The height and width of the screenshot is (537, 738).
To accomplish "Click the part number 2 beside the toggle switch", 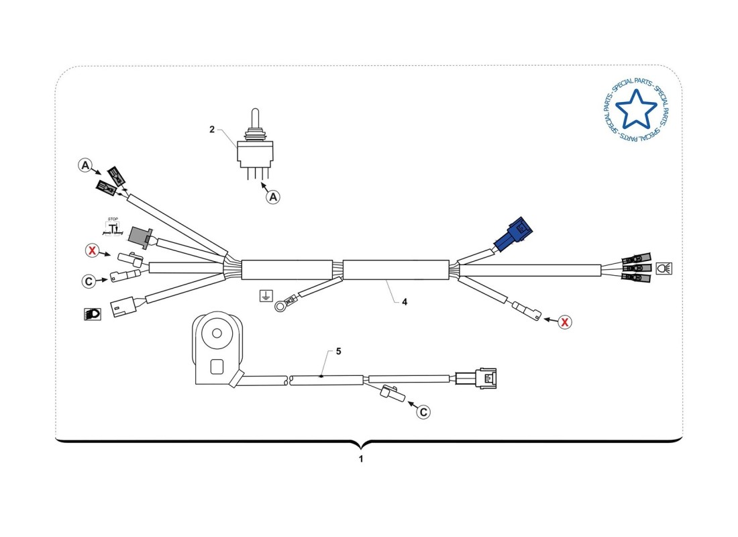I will point(211,130).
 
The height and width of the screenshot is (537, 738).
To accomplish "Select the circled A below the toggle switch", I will point(273,197).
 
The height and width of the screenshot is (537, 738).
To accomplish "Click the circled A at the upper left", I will point(85,164).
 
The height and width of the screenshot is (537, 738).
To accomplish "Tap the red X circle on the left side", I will point(92,251).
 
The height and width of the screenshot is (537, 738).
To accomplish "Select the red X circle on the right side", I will point(565,322).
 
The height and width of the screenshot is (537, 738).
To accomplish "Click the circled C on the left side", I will point(89,281).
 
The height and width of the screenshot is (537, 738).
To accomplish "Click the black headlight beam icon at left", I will point(92,313).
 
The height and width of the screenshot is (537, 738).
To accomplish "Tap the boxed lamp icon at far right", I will point(664,268).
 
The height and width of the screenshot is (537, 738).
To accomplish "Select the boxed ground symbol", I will point(266,295).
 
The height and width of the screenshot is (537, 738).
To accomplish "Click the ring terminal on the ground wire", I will point(280,307).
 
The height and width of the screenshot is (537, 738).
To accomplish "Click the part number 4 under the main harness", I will point(405,302).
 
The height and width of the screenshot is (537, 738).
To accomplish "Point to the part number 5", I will point(339,351).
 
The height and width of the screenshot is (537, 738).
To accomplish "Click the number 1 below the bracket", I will point(361,460).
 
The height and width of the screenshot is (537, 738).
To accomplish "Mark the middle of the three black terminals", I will point(637,268).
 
